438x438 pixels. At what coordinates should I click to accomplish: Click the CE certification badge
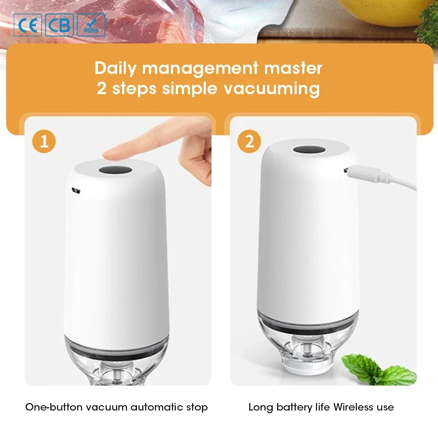27,25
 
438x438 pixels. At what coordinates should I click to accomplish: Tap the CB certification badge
59,25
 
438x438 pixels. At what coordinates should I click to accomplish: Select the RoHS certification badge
91,25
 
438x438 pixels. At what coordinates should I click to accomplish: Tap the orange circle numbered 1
44,141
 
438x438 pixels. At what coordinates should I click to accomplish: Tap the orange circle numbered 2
250,141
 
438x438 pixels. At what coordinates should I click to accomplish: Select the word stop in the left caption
198,407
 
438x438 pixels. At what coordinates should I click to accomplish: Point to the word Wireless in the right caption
350,407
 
